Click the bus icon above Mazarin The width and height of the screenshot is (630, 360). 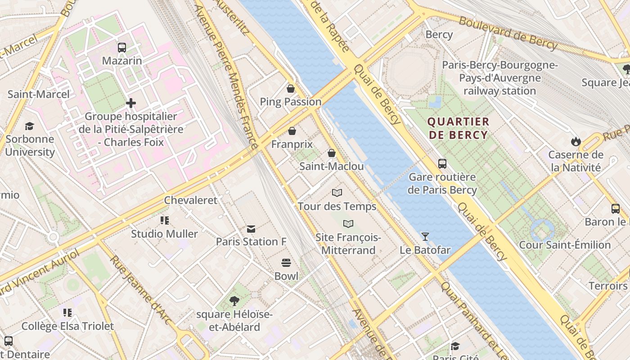click(121, 47)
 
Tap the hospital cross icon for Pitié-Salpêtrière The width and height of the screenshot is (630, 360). click(131, 103)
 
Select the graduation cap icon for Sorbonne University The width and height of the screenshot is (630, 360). click(30, 126)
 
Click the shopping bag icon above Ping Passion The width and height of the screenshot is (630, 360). click(291, 89)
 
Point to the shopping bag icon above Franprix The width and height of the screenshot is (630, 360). click(292, 131)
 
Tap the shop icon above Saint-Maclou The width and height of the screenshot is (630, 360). click(332, 153)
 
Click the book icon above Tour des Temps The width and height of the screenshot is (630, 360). click(337, 193)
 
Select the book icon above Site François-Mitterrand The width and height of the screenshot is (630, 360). click(348, 224)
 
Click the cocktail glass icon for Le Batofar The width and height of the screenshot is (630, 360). click(425, 236)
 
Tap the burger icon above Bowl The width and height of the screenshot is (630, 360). click(286, 263)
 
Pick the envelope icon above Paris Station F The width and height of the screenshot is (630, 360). click(251, 229)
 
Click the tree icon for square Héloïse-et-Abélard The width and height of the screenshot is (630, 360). click(234, 301)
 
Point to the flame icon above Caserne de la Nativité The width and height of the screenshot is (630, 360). click(576, 142)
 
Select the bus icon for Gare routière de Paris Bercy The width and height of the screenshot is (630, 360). click(442, 164)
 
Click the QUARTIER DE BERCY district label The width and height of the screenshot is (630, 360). click(458, 128)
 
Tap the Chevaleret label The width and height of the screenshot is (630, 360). click(190, 200)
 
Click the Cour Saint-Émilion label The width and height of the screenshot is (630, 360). click(565, 245)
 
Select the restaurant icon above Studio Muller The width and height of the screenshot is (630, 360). click(165, 220)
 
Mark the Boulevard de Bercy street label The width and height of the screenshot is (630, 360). click(508, 32)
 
